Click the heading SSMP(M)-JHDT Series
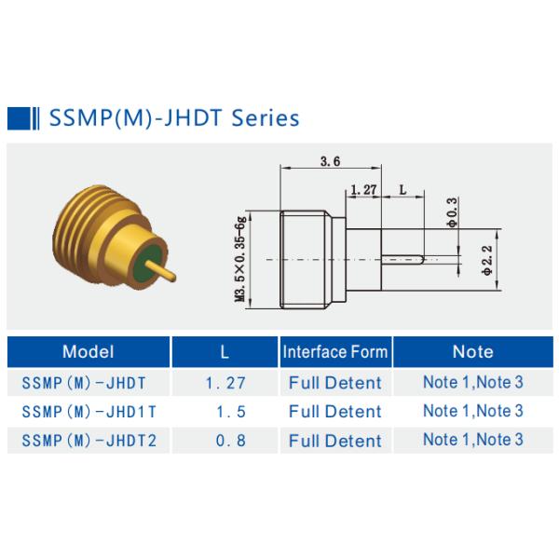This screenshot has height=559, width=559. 173,118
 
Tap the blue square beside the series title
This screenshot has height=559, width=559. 18,118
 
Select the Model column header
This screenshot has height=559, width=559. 88,352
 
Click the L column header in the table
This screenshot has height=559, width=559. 225,352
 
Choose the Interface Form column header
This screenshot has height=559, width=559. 335,352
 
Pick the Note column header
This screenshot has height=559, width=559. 472,352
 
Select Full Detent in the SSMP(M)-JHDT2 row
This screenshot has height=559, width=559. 335,440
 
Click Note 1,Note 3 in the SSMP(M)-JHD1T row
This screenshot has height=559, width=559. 472,411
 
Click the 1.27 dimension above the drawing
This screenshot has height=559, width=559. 363,189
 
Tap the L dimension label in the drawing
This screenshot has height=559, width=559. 402,189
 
